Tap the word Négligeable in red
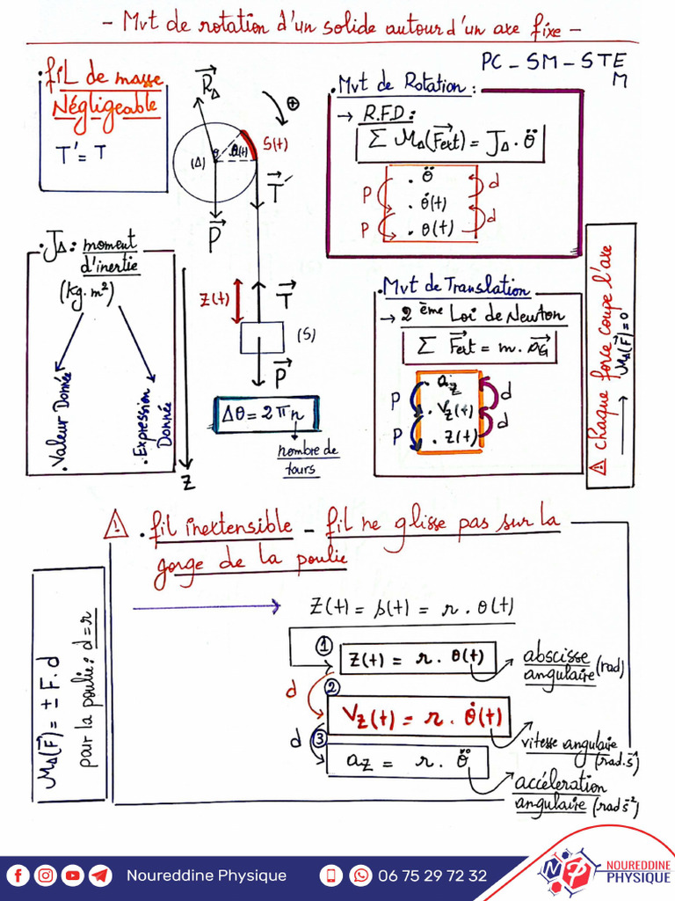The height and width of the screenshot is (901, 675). click(x=106, y=107)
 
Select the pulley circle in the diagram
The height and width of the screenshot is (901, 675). click(x=214, y=162)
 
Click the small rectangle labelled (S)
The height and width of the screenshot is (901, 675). click(x=262, y=337)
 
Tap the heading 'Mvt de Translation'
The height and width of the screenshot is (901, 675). click(x=456, y=289)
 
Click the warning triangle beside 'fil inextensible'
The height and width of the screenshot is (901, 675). click(x=115, y=525)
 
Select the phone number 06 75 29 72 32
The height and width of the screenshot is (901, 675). click(x=432, y=875)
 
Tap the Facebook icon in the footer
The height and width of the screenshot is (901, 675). click(x=18, y=875)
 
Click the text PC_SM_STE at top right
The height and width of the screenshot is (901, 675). click(x=554, y=63)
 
